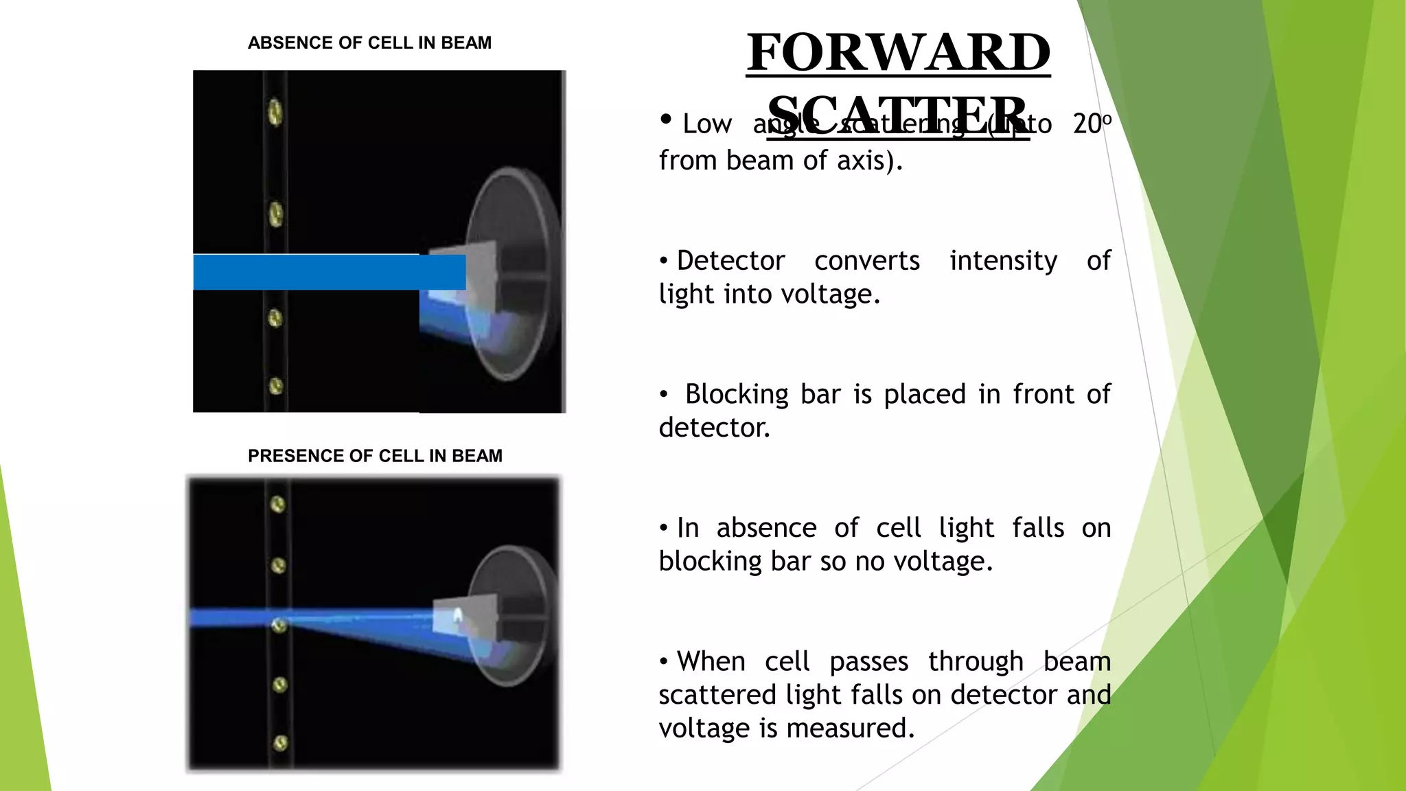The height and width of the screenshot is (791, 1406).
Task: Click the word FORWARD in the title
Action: click(x=898, y=52)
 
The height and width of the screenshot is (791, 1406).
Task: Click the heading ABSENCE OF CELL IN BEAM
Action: click(x=369, y=43)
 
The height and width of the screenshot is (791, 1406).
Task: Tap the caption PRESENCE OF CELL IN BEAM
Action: click(x=375, y=456)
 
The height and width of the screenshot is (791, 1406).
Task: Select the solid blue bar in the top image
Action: click(x=329, y=272)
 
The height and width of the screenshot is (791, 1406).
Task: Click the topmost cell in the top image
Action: click(x=275, y=112)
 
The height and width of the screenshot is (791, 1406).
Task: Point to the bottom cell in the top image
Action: click(x=276, y=386)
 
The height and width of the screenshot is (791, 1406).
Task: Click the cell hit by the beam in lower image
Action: click(x=279, y=625)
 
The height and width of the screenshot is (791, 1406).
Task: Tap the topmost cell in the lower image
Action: click(x=277, y=505)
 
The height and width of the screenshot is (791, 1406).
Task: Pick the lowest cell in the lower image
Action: click(x=280, y=743)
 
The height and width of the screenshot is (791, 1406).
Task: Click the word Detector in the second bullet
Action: click(x=730, y=261)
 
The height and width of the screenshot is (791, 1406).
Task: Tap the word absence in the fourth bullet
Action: click(x=766, y=528)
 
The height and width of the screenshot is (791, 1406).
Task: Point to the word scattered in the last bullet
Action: click(x=717, y=695)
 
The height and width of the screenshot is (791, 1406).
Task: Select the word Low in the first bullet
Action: click(x=706, y=124)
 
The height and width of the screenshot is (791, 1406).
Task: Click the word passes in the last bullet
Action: click(x=868, y=662)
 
